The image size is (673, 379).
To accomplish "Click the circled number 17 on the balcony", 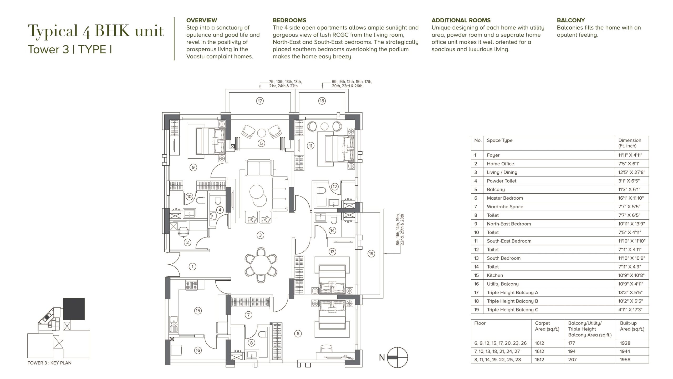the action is click(260, 101).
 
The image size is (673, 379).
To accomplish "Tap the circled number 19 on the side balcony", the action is click(371, 254).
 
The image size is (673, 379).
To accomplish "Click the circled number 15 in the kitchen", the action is click(198, 311).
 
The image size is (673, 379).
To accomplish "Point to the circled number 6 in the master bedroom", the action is click(298, 333).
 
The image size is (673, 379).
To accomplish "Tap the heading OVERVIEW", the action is click(202, 20).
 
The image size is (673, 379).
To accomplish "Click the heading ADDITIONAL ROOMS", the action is click(461, 20).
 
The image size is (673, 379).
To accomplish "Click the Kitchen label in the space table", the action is click(495, 275).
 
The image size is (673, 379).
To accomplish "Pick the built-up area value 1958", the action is click(625, 360).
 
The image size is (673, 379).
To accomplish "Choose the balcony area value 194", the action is click(572, 351).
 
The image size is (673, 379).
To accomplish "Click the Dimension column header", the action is click(630, 143).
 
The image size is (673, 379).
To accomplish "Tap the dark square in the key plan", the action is click(74, 309).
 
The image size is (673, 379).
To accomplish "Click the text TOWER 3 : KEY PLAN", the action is click(49, 363).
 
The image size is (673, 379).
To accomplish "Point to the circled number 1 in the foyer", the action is click(192, 267).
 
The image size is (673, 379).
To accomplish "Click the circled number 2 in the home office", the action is click(187, 242).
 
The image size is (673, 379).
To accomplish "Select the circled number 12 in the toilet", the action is click(334, 187).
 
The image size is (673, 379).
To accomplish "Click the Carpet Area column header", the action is click(547, 326).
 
